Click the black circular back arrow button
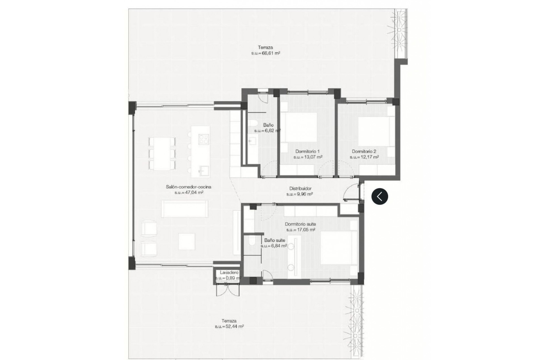click(x=380, y=196)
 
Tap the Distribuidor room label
click(x=300, y=189)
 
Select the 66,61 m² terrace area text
click(x=265, y=53)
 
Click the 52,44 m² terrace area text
click(x=229, y=327)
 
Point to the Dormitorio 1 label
click(x=307, y=151)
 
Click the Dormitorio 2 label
click(x=364, y=151)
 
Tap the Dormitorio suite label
click(x=300, y=224)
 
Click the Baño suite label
click(x=274, y=240)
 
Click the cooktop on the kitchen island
click(x=204, y=139)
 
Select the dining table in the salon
click(x=162, y=154)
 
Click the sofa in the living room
click(x=185, y=209)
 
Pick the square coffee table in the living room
click(x=186, y=242)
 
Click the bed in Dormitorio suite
click(x=336, y=248)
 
